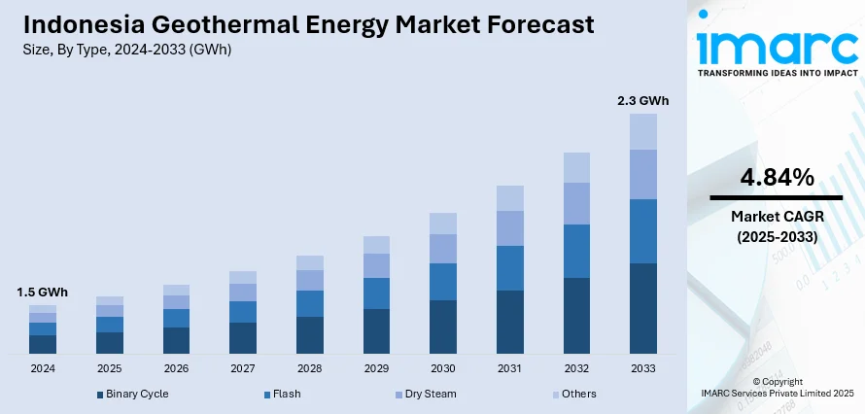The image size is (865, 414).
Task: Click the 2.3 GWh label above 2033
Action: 643,100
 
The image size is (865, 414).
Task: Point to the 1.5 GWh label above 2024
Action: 42,292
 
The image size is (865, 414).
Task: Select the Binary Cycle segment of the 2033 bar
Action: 643,308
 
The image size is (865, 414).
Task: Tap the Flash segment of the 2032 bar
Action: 576,251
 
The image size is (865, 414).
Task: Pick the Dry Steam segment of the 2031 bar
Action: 509,227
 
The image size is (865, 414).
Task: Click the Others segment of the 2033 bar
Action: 643,131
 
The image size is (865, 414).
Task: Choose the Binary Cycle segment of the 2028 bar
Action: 309,334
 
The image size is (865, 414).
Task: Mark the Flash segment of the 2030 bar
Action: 442,282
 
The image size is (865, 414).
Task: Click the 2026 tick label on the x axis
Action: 176,369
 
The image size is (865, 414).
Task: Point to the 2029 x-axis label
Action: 376,369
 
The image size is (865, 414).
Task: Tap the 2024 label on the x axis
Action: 43,369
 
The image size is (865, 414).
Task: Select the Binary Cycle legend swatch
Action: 99,395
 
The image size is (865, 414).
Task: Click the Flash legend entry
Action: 285,394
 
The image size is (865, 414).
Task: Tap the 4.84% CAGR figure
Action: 776,177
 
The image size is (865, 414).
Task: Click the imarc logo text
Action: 778,45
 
